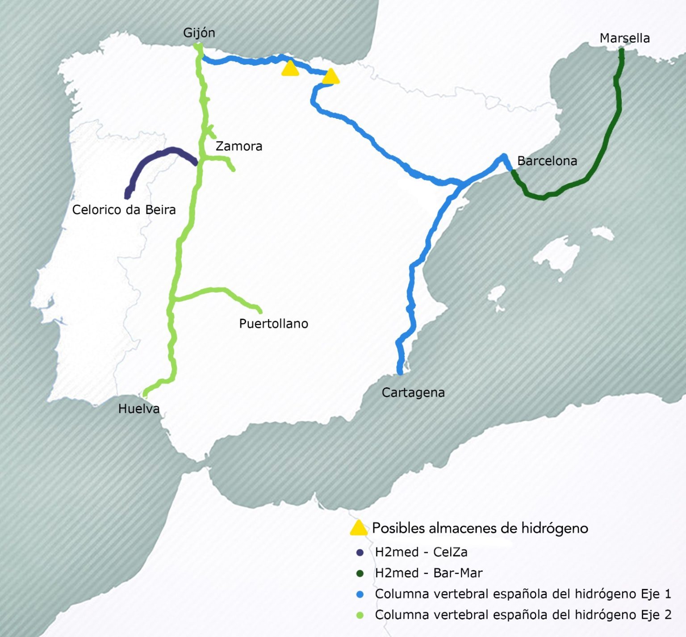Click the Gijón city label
point(199,33)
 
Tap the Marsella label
point(624,38)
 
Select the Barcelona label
point(547,161)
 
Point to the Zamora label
point(238,146)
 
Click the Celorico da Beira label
point(124,210)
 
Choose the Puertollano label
point(273,323)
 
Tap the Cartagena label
point(413,393)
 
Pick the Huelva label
point(138,409)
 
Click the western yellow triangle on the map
point(290,69)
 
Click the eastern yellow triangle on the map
point(330,77)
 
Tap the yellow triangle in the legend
point(358,528)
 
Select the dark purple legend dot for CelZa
point(360,553)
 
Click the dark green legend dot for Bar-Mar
point(360,574)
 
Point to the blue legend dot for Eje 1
point(360,595)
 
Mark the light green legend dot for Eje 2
point(360,616)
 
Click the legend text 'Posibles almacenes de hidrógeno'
point(480,528)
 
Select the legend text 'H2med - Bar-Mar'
point(428,573)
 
